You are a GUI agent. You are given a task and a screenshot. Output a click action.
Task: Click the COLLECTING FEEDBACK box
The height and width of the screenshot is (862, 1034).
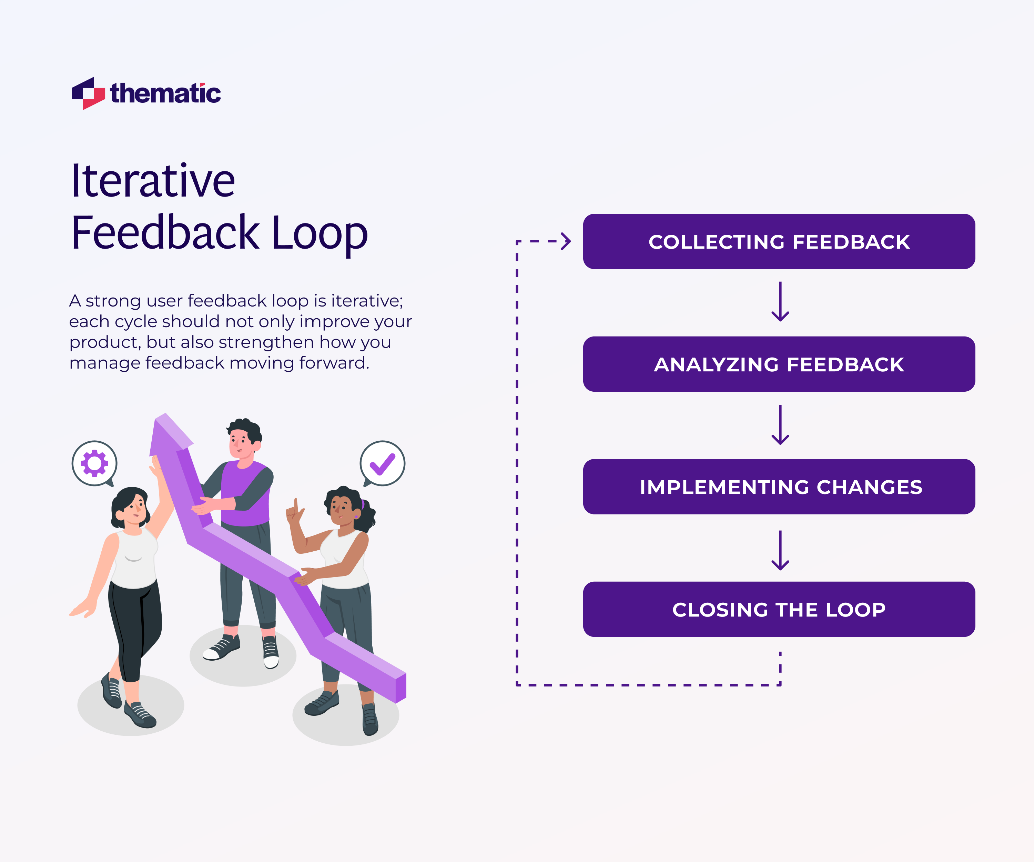click(779, 241)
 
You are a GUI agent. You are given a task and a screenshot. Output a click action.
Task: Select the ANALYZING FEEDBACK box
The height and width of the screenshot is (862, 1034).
click(779, 364)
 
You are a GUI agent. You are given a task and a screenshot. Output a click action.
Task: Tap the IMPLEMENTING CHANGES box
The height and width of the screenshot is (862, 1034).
click(779, 487)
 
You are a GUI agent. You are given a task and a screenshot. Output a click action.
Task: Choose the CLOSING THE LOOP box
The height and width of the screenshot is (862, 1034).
click(779, 609)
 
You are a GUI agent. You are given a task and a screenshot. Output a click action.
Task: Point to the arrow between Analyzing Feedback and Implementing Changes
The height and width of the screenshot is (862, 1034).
click(780, 424)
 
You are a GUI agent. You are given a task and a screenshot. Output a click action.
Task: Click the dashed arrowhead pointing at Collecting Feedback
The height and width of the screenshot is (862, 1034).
click(566, 241)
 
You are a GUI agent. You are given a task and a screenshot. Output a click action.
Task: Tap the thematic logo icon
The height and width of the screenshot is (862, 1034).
click(88, 93)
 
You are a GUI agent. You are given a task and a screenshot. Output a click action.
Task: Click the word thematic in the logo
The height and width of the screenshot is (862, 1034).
click(165, 93)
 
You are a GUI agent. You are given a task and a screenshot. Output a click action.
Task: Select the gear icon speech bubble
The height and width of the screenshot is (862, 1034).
click(94, 463)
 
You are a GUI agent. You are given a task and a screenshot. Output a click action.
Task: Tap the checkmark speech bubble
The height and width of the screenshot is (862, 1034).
click(383, 463)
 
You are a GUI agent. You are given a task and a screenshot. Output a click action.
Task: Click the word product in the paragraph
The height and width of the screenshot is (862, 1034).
click(104, 342)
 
